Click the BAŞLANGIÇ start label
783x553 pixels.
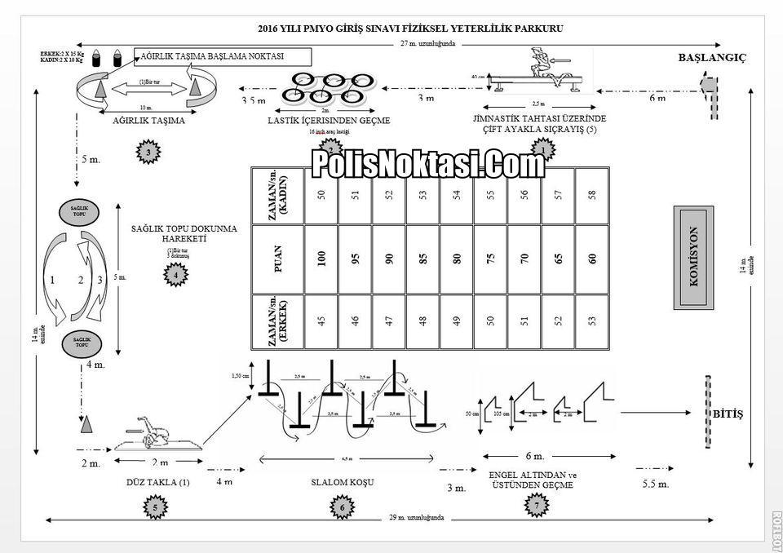(712, 58)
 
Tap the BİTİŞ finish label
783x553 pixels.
(728, 414)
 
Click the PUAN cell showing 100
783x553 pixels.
(321, 259)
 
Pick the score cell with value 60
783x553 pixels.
(592, 259)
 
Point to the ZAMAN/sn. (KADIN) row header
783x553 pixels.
(277, 196)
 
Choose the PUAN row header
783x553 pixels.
(277, 259)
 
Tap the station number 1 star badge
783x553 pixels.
(543, 150)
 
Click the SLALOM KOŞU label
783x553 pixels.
(343, 482)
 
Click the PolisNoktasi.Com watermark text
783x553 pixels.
(428, 165)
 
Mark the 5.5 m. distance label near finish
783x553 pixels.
(656, 484)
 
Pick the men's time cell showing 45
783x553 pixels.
(321, 321)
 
